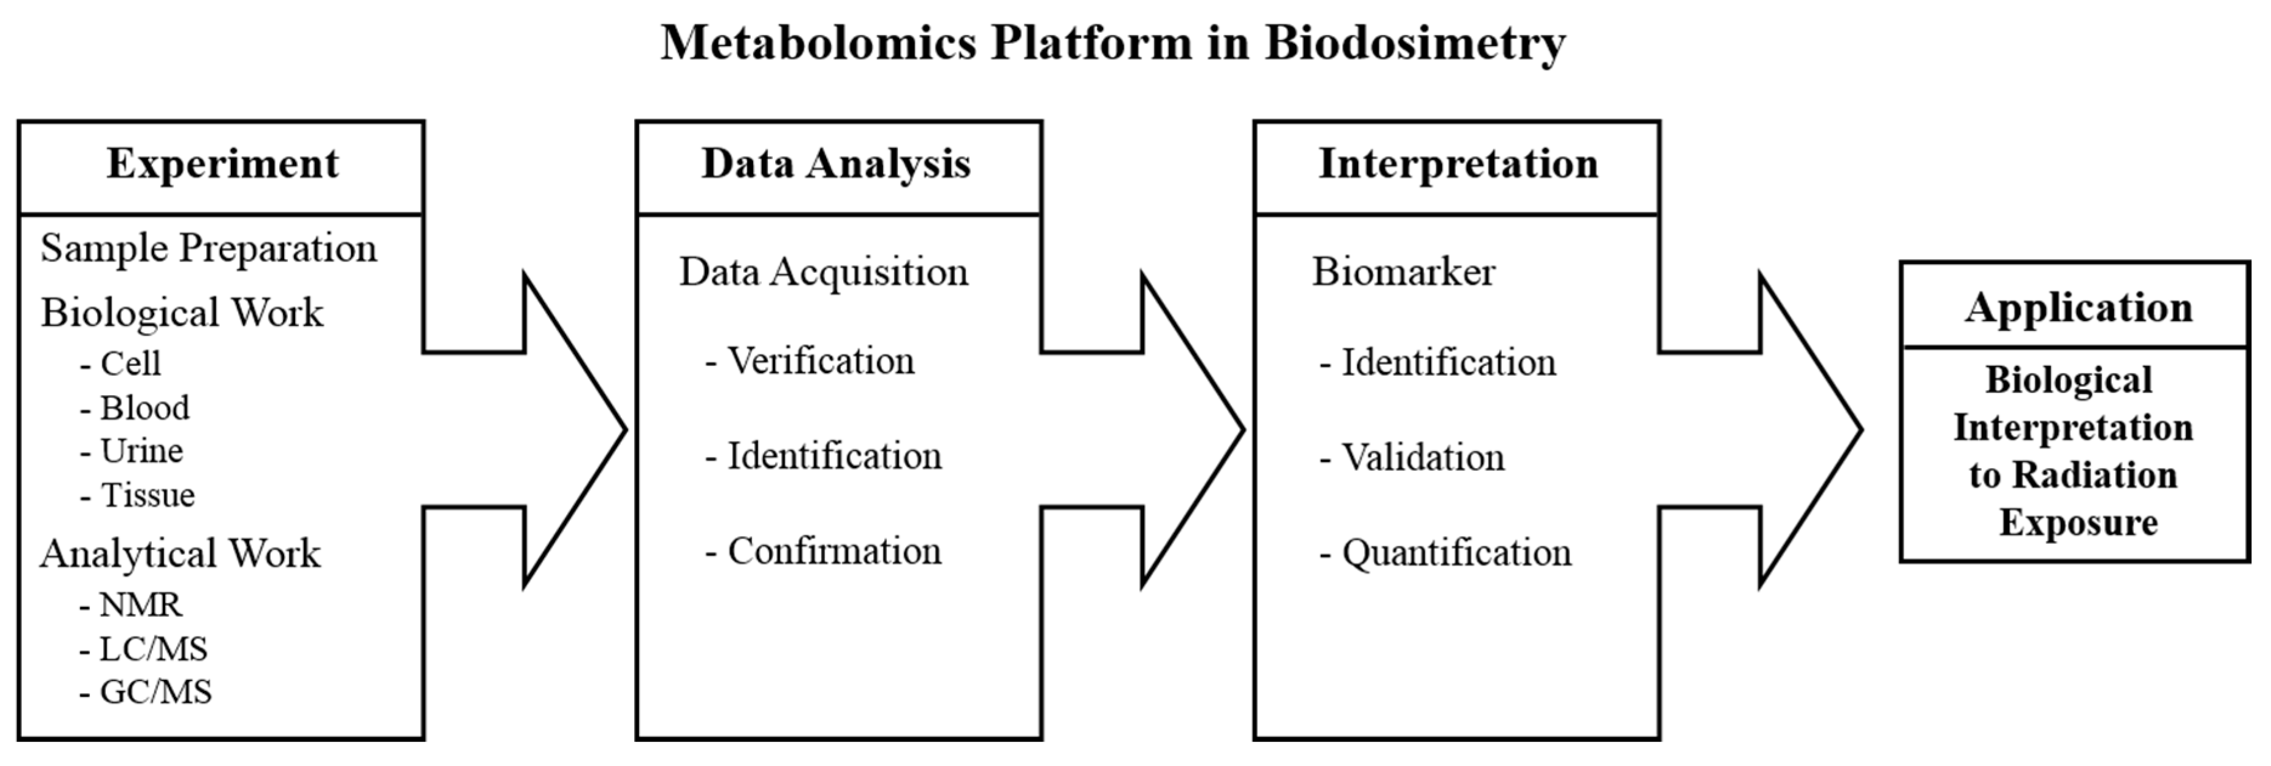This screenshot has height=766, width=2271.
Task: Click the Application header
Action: click(2078, 308)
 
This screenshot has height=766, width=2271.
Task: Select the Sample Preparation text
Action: click(209, 249)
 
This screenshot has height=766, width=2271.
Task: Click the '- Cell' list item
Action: click(121, 363)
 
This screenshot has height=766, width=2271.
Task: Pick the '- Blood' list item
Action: click(135, 408)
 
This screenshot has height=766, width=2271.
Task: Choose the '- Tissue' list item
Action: click(137, 495)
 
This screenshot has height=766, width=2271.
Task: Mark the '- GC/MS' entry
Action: click(145, 693)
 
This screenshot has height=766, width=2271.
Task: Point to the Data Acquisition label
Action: click(824, 273)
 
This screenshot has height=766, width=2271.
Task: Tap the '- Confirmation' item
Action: click(824, 552)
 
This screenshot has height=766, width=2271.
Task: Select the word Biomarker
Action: click(1404, 273)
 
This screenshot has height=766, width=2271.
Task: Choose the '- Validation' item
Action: click(1412, 458)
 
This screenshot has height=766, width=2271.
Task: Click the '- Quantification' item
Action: click(1446, 554)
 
